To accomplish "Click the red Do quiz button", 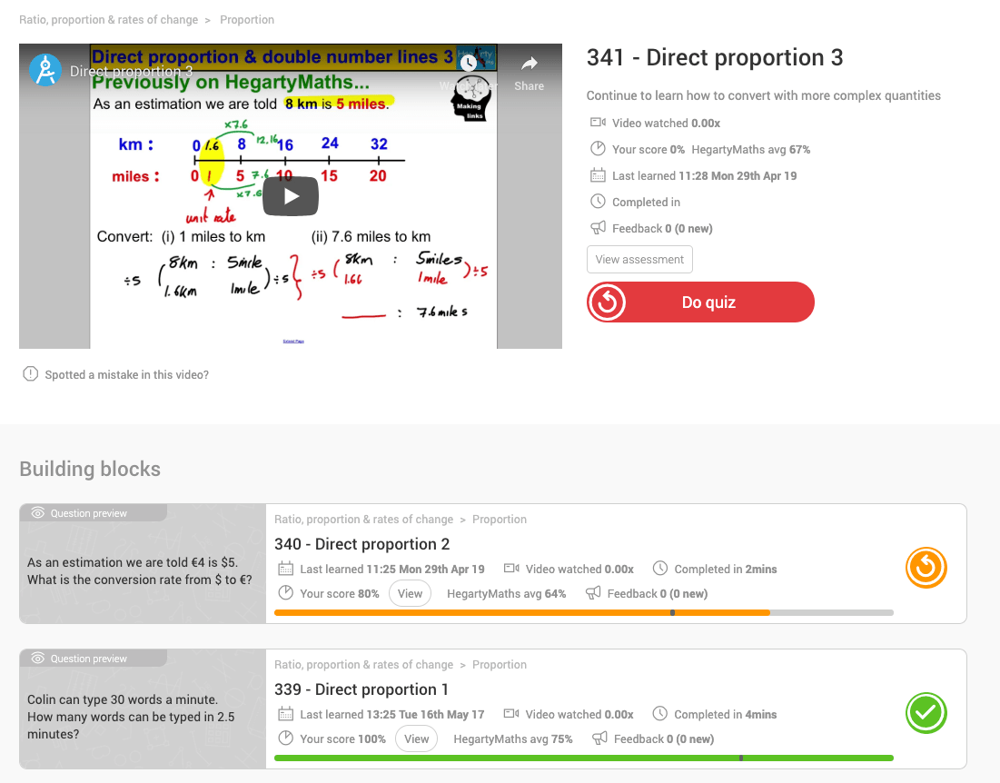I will click(700, 302).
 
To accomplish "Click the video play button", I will click(291, 196).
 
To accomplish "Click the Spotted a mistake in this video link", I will click(126, 374).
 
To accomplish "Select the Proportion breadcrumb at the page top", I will click(247, 20).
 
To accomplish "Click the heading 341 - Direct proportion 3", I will click(715, 58).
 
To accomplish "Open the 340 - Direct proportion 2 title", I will click(362, 544).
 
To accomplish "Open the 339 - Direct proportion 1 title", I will click(361, 689).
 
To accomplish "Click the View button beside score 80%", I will click(410, 594).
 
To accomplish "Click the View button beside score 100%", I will click(416, 739).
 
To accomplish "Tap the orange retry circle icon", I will click(926, 569).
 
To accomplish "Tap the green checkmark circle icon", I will click(926, 714).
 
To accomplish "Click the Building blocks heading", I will click(90, 470).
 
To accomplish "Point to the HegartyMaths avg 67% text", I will click(750, 150).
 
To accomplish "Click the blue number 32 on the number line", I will click(379, 144).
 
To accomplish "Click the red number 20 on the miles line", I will click(378, 176).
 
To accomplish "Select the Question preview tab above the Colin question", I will click(89, 659).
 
